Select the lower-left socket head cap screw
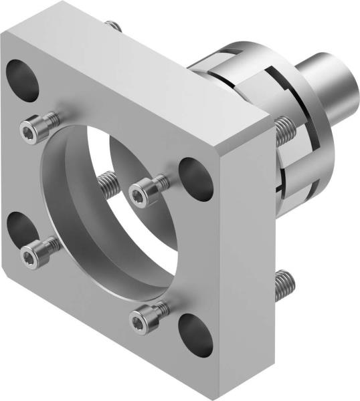pyautogui.click(x=36, y=251)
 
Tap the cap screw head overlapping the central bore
pyautogui.click(x=143, y=192)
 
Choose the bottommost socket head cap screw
pyautogui.click(x=142, y=319)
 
